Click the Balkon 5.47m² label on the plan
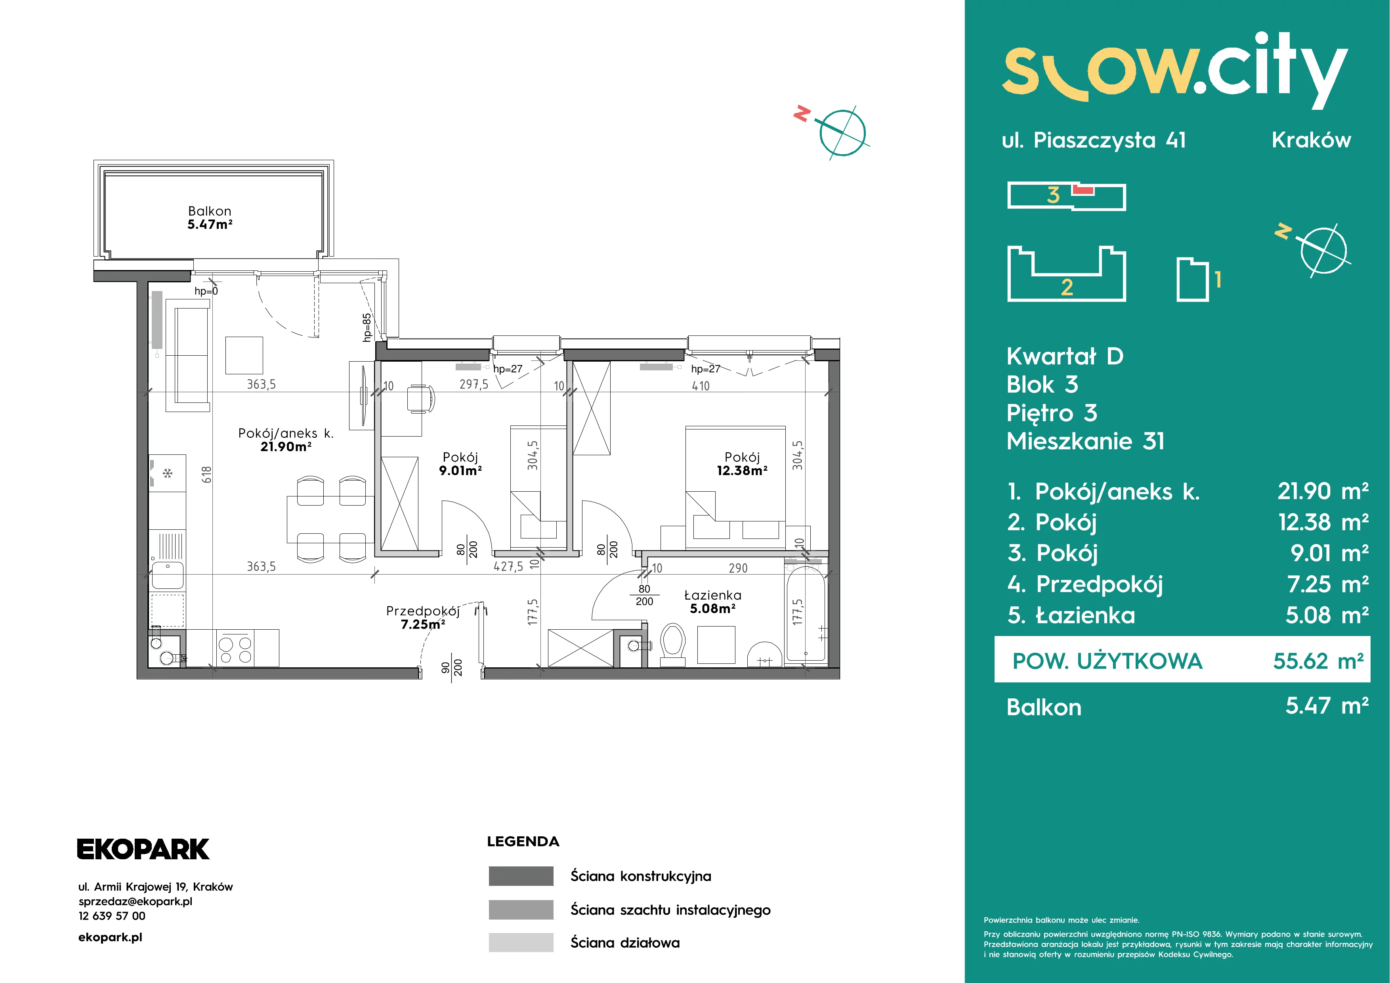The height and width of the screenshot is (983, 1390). coord(210,217)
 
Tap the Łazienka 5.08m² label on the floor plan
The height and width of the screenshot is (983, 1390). coord(712,602)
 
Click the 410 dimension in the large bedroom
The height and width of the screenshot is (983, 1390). coord(701,386)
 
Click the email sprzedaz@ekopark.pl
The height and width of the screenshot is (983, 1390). coord(136,901)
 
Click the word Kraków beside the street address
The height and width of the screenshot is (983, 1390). coord(1311,140)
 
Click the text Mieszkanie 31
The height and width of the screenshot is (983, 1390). coord(1085,441)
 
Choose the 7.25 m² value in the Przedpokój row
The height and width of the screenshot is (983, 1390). coord(1328,584)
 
